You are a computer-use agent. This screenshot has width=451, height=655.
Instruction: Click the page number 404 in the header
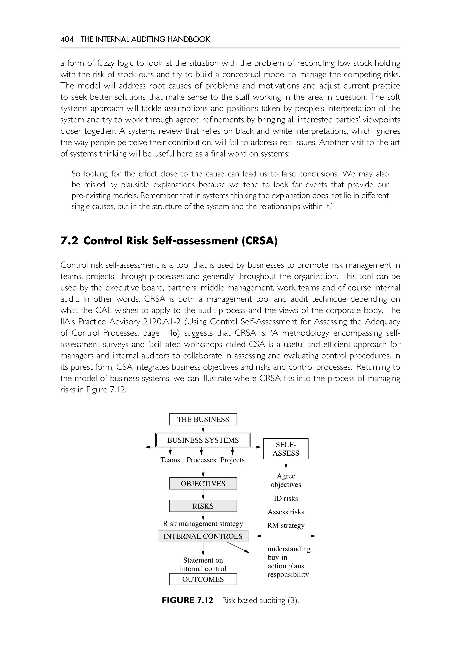[x=67, y=39]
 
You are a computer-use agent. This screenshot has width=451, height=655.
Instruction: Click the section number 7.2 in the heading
[x=69, y=241]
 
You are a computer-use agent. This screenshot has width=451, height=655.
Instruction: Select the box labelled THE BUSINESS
[x=203, y=419]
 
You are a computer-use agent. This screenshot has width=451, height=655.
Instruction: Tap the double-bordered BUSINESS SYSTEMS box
[x=203, y=440]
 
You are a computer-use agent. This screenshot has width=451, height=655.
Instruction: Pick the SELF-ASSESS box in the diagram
[x=286, y=449]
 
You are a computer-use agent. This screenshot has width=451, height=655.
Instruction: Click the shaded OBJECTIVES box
[x=203, y=484]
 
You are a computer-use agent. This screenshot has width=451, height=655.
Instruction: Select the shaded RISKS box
[x=203, y=506]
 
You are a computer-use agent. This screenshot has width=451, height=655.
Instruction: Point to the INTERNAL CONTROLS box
[x=203, y=536]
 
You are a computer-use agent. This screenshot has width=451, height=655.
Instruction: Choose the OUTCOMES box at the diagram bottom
[x=203, y=579]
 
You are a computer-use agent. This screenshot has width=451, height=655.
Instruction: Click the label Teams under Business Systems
[x=170, y=460]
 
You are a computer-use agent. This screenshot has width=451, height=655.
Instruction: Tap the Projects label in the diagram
[x=232, y=460]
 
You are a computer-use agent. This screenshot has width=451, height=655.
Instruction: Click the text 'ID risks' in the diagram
[x=286, y=499]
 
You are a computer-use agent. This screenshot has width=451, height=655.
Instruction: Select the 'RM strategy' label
[x=286, y=526]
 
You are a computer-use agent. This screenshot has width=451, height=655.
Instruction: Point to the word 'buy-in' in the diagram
[x=277, y=557]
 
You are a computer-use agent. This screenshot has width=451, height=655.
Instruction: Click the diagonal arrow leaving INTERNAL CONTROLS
[x=238, y=547]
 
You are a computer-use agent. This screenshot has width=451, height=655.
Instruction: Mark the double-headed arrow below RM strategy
[x=286, y=536]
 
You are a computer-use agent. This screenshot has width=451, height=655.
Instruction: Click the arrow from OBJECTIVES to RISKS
[x=203, y=495]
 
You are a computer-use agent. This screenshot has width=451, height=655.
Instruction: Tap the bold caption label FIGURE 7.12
[x=187, y=600]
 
